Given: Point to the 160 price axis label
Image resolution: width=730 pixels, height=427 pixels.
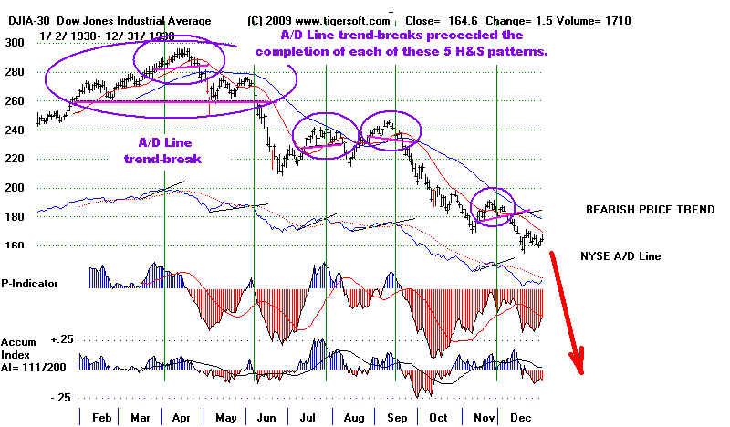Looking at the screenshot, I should coord(15,245).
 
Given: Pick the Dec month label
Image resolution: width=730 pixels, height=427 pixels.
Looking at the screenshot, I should coord(520,417).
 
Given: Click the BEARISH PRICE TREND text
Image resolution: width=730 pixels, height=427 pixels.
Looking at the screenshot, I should coord(650,210).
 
